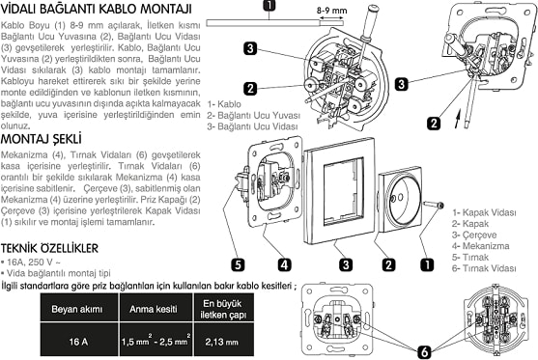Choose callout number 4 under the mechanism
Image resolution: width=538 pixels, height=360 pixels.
pyautogui.click(x=286, y=263)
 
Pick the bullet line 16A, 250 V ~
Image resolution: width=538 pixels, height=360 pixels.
pyautogui.click(x=36, y=262)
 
